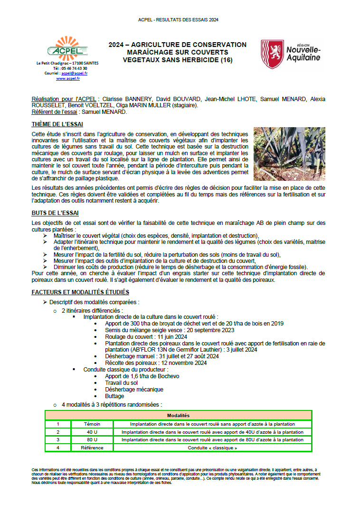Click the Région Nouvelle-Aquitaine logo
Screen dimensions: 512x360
coord(291,54)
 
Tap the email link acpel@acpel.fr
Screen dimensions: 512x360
coord(74,74)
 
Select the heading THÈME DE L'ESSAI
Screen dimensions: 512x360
coord(57,124)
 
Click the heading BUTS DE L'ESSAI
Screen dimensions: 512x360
coord(55,213)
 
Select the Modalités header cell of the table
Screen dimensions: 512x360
coord(178,415)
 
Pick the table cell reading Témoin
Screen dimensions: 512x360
coord(92,424)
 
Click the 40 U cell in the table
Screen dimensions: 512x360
coord(92,432)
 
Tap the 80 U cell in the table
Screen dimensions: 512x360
coord(92,440)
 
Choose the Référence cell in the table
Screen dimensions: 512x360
coord(92,447)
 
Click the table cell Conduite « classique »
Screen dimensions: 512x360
coord(212,447)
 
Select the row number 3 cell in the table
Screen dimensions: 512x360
coord(58,440)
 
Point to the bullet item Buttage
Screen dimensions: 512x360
coord(114,396)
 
